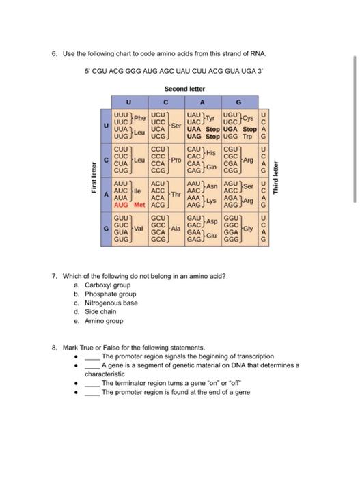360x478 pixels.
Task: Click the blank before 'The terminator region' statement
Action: click(x=92, y=383)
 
